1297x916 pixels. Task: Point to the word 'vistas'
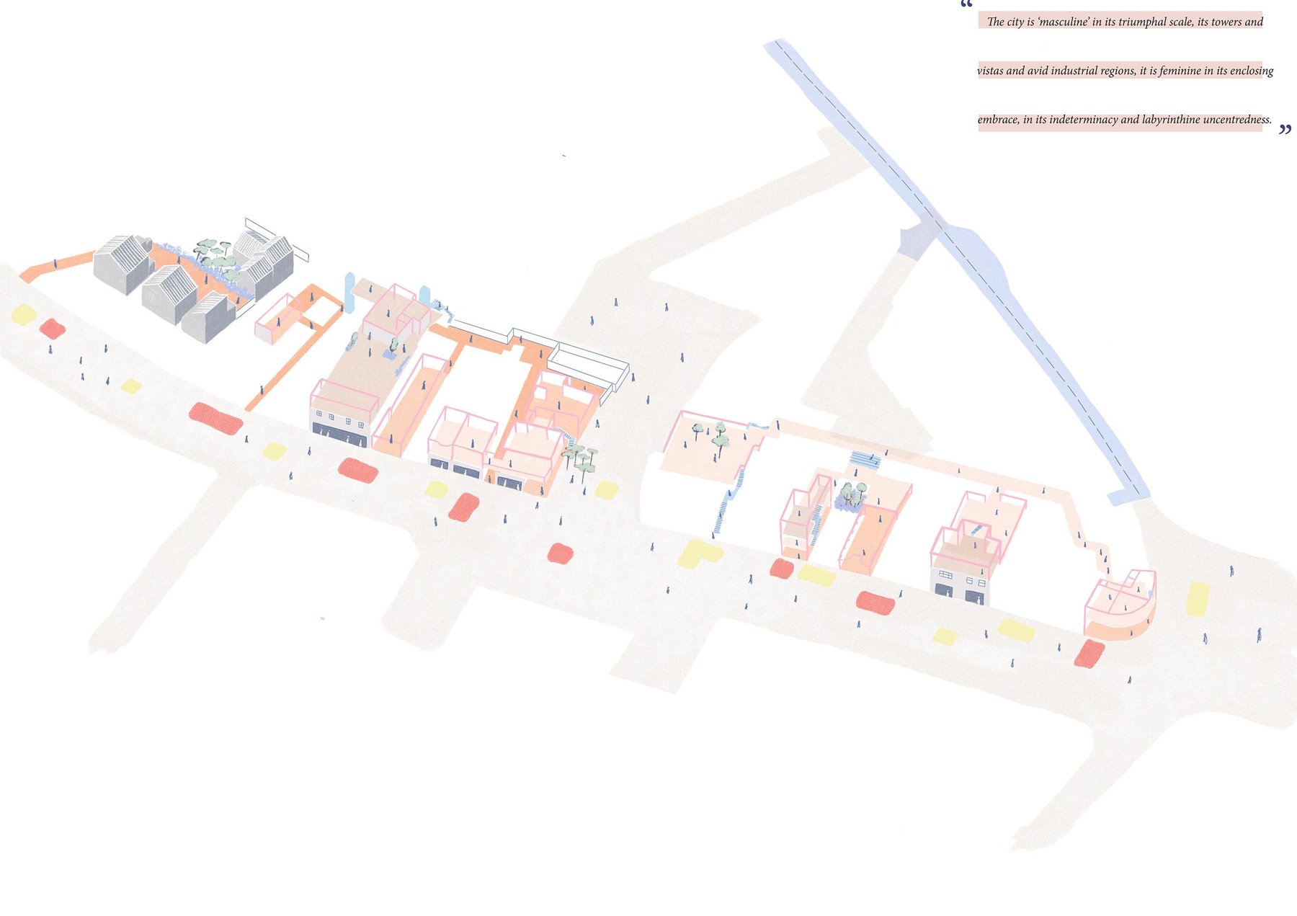point(990,71)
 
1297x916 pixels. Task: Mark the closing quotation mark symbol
point(1285,130)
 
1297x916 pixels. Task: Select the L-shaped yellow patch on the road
point(697,553)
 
